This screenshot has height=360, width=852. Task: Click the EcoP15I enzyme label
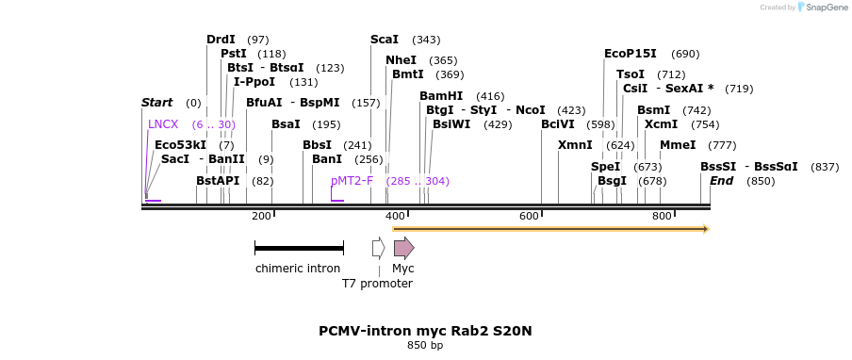[x=630, y=54]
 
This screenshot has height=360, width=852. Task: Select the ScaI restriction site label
[x=385, y=40]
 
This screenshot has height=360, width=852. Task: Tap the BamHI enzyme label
[x=441, y=96]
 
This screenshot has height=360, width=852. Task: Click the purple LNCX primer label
[x=162, y=124]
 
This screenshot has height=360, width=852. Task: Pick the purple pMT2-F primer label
[x=352, y=181]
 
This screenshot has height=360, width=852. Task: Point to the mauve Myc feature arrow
[x=403, y=248]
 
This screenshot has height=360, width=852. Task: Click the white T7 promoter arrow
[x=378, y=248]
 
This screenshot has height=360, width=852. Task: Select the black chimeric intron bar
[x=298, y=248]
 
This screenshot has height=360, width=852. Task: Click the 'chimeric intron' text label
[x=298, y=269]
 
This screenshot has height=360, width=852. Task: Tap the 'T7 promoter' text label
[x=377, y=283]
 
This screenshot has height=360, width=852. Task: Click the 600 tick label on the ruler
[x=529, y=217]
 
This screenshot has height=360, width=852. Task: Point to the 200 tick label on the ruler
[x=261, y=217]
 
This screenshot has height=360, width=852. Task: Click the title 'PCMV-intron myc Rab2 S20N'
[x=425, y=331]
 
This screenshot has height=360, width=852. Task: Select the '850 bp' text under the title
[x=425, y=346]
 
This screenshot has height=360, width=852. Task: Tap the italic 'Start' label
[x=156, y=103]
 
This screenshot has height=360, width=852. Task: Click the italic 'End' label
[x=721, y=181]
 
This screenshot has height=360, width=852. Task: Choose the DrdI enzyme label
[x=221, y=40]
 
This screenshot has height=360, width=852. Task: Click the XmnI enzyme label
[x=575, y=145]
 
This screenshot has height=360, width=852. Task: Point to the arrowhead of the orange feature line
[x=705, y=228]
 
